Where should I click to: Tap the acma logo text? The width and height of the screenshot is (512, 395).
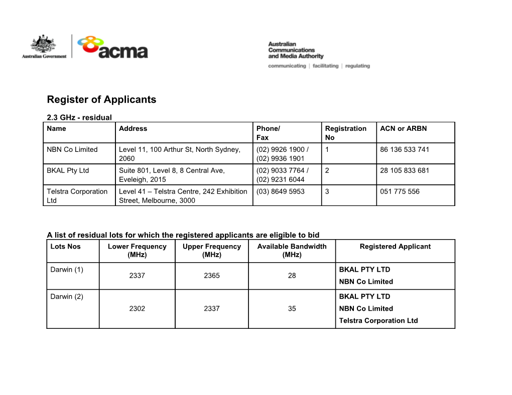tap(123, 52)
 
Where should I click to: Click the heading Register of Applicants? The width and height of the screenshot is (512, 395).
tap(101, 99)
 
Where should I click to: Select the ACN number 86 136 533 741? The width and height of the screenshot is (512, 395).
tap(405, 149)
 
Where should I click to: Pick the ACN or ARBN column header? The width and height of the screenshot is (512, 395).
tap(403, 128)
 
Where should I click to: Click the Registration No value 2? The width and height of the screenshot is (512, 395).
tap(327, 170)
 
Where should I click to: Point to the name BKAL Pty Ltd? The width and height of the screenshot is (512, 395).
tap(68, 170)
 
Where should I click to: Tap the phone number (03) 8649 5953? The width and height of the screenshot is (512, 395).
tap(280, 191)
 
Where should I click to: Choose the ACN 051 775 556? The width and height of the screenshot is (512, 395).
tap(400, 191)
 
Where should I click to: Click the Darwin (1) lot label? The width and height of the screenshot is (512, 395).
tap(67, 270)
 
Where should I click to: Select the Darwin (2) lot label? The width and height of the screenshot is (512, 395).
tap(67, 296)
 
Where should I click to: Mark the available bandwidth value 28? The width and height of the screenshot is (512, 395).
tap(292, 276)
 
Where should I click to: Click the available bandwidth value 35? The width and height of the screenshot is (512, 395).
tap(292, 309)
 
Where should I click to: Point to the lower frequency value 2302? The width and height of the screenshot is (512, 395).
tap(137, 309)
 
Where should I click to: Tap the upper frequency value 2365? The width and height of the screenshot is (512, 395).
tap(211, 276)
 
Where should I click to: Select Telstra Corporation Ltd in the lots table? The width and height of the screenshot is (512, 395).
tap(378, 321)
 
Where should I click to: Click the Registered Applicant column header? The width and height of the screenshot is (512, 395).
tap(395, 247)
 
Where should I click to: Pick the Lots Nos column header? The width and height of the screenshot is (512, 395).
tap(66, 247)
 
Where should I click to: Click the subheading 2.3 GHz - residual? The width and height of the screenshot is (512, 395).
tap(79, 118)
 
